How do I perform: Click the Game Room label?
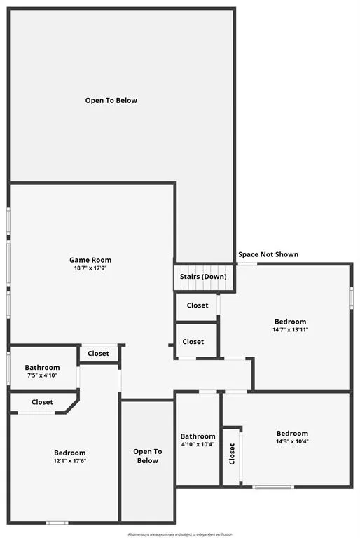pyautogui.click(x=90, y=260)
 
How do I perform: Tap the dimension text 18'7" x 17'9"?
pyautogui.click(x=90, y=268)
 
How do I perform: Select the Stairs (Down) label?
pyautogui.click(x=204, y=277)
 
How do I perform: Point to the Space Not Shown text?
pyautogui.click(x=268, y=254)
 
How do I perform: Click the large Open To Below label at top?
pyautogui.click(x=111, y=100)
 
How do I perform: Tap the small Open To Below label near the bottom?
pyautogui.click(x=147, y=456)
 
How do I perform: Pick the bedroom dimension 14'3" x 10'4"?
pyautogui.click(x=292, y=441)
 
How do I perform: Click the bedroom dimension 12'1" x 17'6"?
pyautogui.click(x=70, y=461)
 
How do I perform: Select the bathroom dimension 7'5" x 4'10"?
pyautogui.click(x=42, y=375)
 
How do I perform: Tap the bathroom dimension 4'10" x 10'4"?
pyautogui.click(x=198, y=444)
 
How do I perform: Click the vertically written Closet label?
pyautogui.click(x=232, y=454)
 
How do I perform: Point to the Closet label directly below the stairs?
pyautogui.click(x=197, y=305)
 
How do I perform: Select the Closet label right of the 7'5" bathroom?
pyautogui.click(x=99, y=354)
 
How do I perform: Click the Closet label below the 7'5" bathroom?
pyautogui.click(x=42, y=402)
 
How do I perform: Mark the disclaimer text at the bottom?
pyautogui.click(x=180, y=534)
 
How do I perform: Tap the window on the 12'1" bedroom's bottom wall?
pyautogui.click(x=57, y=522)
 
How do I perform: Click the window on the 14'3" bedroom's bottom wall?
pyautogui.click(x=272, y=487)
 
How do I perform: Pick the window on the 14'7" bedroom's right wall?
pyautogui.click(x=351, y=297)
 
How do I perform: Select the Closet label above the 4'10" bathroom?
pyautogui.click(x=193, y=342)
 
